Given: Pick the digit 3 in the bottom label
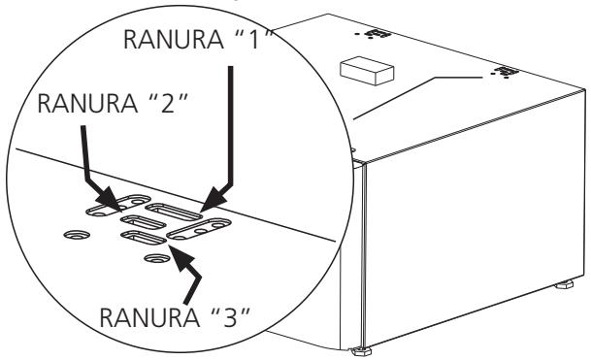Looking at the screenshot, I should coord(221,318).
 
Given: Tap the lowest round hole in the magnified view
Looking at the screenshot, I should coord(152,258).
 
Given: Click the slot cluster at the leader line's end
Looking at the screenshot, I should coord(504,72).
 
